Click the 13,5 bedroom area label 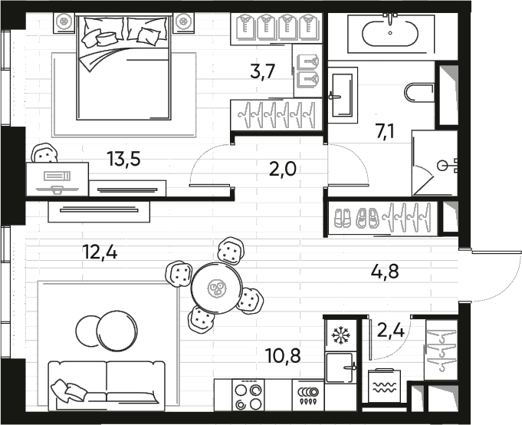tap(124, 160)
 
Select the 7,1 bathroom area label tap(386, 132)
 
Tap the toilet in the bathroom tap(419, 94)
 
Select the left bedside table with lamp tap(64, 22)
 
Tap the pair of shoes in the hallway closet tap(356, 217)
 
